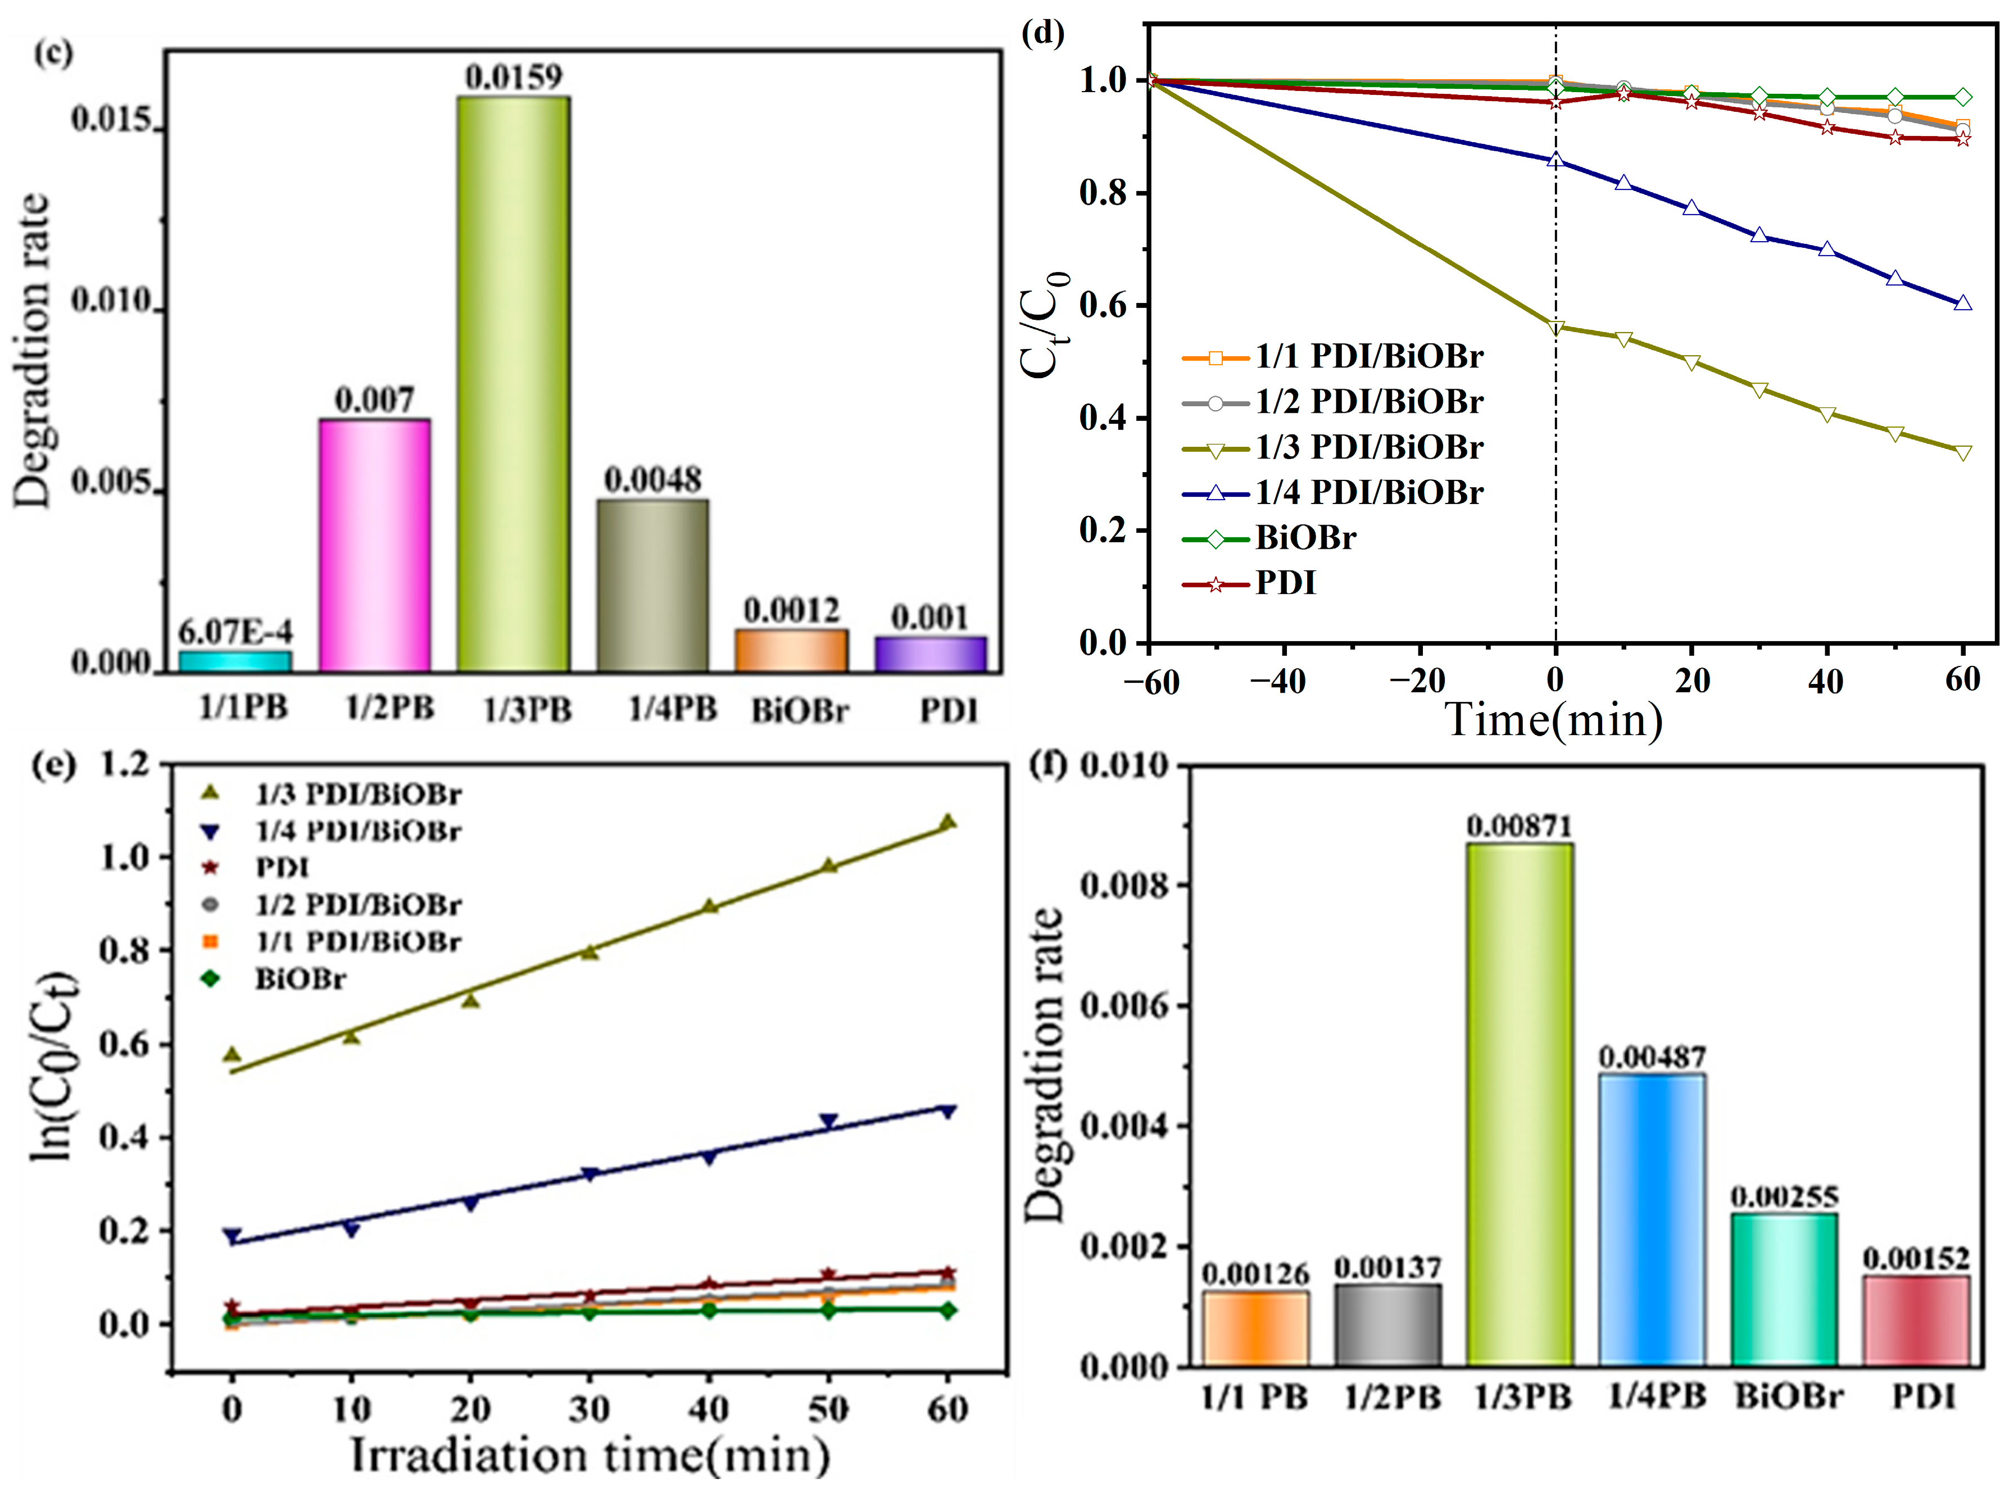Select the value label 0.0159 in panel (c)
click(513, 78)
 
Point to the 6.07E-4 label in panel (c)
click(235, 631)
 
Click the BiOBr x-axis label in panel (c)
click(799, 711)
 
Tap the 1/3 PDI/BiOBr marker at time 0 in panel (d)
click(1555, 328)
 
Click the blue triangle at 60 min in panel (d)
click(1961, 303)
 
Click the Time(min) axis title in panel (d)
click(1553, 720)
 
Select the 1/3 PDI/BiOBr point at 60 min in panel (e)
click(947, 822)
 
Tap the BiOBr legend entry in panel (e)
click(300, 979)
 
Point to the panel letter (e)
click(52, 766)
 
